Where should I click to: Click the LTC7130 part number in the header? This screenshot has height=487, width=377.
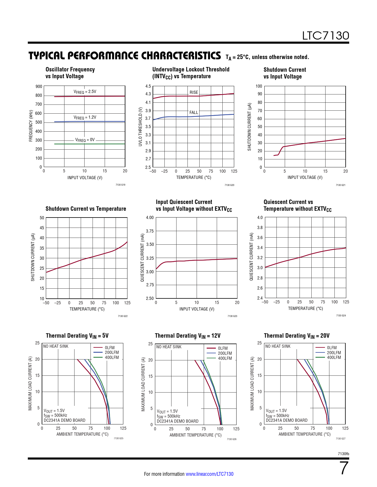325,36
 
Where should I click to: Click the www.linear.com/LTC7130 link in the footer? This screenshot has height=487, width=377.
209,474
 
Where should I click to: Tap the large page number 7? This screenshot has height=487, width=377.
344,468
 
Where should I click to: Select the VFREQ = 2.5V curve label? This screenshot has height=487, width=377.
85,92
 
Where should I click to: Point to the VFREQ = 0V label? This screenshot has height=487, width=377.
85,140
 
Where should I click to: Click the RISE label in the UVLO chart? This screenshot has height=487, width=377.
194,92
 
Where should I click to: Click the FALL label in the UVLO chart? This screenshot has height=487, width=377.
194,112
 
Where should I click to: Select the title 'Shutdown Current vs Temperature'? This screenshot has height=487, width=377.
86,209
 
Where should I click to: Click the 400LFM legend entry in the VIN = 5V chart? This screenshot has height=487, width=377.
112,357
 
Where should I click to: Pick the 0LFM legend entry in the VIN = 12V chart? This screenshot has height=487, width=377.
223,348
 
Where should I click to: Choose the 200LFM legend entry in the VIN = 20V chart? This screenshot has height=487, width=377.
334,353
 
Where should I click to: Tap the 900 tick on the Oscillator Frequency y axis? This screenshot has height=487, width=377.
39,86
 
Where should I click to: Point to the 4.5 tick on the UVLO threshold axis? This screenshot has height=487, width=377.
148,86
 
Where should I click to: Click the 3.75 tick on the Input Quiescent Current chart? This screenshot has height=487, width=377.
150,231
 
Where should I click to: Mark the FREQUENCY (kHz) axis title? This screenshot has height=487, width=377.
31,126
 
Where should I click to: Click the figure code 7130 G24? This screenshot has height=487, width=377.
341,316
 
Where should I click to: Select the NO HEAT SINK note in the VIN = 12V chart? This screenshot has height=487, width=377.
169,347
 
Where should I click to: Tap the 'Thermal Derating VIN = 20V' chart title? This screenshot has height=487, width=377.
297,336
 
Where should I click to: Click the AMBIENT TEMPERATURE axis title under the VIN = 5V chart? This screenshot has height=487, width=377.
82,434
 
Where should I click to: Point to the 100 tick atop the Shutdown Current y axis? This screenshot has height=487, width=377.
259,86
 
